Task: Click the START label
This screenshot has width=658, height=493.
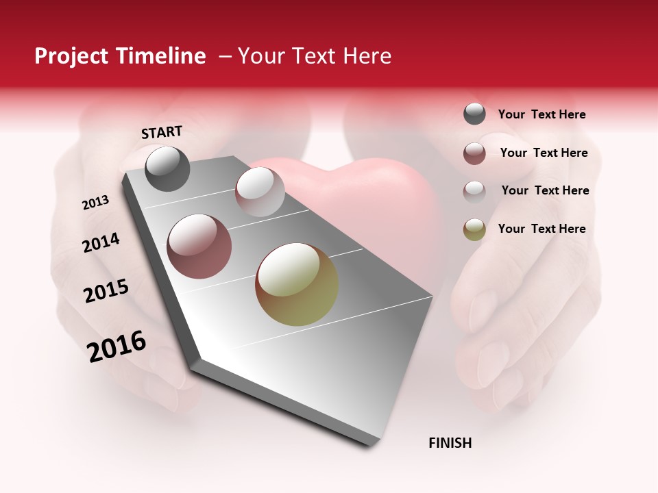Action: tap(162, 132)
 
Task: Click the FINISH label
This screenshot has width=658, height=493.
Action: tap(450, 443)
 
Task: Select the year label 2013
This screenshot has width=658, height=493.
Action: tap(95, 203)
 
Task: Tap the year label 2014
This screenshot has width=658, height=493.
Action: tap(101, 243)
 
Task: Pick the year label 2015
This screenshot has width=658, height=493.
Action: tap(106, 291)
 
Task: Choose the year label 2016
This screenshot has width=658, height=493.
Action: tap(117, 346)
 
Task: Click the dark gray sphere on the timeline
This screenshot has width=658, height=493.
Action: tap(167, 168)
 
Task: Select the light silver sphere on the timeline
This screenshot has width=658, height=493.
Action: tap(260, 192)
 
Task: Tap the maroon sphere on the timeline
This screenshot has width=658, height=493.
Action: tap(199, 246)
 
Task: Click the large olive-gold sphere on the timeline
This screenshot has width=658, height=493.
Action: tap(297, 284)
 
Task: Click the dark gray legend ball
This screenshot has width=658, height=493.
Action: tap(474, 114)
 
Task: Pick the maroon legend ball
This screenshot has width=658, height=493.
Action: tap(474, 153)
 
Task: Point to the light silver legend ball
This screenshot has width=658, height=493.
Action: tap(474, 191)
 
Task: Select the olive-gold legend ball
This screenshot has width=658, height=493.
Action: tap(474, 229)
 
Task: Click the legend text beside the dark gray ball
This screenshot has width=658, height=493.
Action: tap(541, 115)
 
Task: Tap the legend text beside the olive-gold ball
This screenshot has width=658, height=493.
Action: tap(541, 229)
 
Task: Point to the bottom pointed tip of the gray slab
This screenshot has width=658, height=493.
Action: tap(371, 445)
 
